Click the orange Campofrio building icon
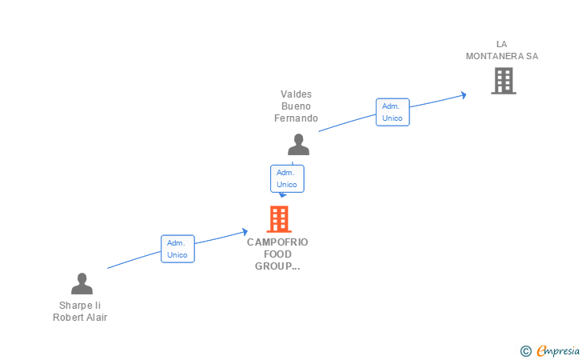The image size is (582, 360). pyautogui.click(x=279, y=219)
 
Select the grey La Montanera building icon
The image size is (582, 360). pyautogui.click(x=504, y=81)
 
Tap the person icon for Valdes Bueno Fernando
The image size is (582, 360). pyautogui.click(x=298, y=145)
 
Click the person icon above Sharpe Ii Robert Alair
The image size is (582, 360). pyautogui.click(x=82, y=284)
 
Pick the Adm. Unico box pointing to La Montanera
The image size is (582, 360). pyautogui.click(x=393, y=112)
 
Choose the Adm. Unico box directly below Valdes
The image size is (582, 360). pyautogui.click(x=287, y=178)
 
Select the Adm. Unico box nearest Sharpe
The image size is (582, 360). pyautogui.click(x=177, y=249)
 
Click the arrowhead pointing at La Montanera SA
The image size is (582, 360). pyautogui.click(x=464, y=95)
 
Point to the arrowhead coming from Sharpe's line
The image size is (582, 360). pyautogui.click(x=245, y=232)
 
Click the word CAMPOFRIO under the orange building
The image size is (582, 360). pyautogui.click(x=277, y=242)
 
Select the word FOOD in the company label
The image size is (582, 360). pyautogui.click(x=277, y=254)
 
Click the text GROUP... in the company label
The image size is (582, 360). pyautogui.click(x=277, y=266)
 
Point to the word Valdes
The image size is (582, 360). pyautogui.click(x=296, y=94)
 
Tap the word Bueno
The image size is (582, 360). pyautogui.click(x=296, y=106)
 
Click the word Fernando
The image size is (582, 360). pyautogui.click(x=296, y=118)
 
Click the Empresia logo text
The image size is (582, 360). pyautogui.click(x=558, y=350)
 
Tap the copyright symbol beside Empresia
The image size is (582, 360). pyautogui.click(x=525, y=351)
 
